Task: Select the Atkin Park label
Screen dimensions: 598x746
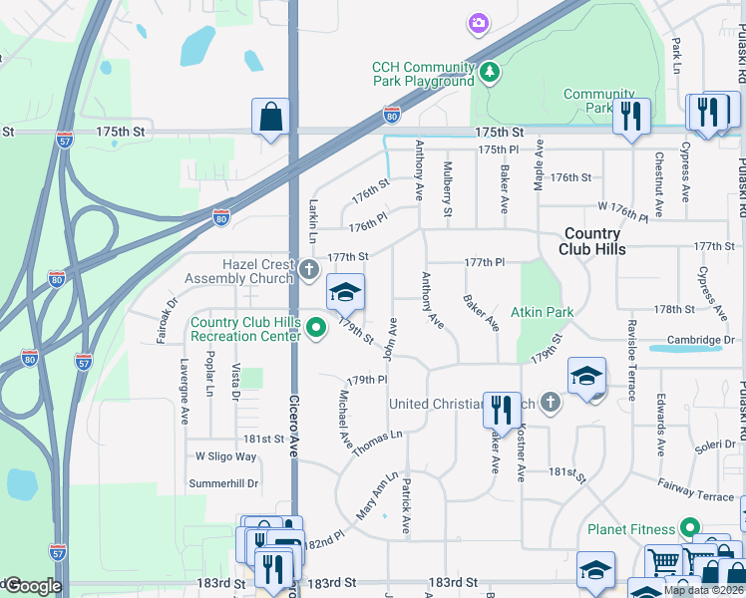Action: tap(543, 312)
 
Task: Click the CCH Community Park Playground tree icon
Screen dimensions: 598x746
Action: tap(490, 72)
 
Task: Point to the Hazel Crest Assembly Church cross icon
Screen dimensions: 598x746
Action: tap(309, 268)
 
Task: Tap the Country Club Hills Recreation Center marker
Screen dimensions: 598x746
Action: tap(317, 327)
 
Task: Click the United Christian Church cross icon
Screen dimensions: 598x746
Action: tap(549, 403)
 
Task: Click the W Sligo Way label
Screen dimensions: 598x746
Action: tap(225, 456)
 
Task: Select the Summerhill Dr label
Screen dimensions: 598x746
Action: tap(223, 483)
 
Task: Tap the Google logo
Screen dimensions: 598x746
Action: tap(32, 586)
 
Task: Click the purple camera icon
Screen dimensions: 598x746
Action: tap(479, 23)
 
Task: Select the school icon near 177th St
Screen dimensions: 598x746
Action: tap(346, 292)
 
